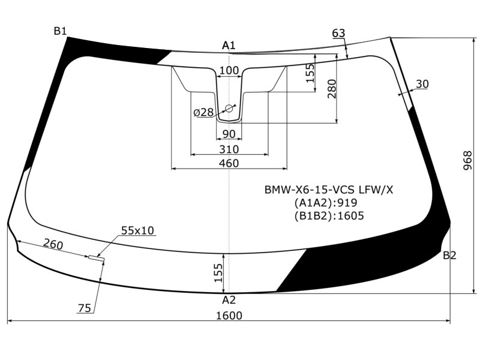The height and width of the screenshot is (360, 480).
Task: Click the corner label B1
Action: coord(61,31)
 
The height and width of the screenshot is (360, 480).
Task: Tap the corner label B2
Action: coord(449,255)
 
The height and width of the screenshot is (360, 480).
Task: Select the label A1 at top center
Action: coord(229,46)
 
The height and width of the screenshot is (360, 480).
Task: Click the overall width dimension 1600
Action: coord(229,315)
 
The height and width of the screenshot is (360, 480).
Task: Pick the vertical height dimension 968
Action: coord(468,160)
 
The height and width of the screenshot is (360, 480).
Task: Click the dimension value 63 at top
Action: coord(338,33)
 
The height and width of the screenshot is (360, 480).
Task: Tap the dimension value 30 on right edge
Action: coord(422,83)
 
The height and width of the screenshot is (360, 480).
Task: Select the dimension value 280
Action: coord(332,89)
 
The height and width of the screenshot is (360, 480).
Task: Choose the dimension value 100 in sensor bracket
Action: coord(229,70)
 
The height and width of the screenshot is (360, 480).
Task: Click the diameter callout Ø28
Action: coord(203,112)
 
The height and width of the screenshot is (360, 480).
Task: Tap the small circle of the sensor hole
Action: coord(229,108)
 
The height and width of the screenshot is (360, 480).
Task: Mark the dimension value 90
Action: coord(229,134)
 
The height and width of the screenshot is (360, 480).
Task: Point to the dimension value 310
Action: coord(229,149)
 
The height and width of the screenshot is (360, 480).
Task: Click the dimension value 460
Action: coord(229,163)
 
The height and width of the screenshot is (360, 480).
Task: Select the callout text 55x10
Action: coord(137,230)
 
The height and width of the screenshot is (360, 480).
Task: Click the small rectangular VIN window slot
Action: coord(97,258)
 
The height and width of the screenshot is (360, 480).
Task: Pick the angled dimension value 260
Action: coord(53,244)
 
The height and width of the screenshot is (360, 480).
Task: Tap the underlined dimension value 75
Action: coord(85,308)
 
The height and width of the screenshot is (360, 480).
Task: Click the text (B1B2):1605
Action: coord(329,216)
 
